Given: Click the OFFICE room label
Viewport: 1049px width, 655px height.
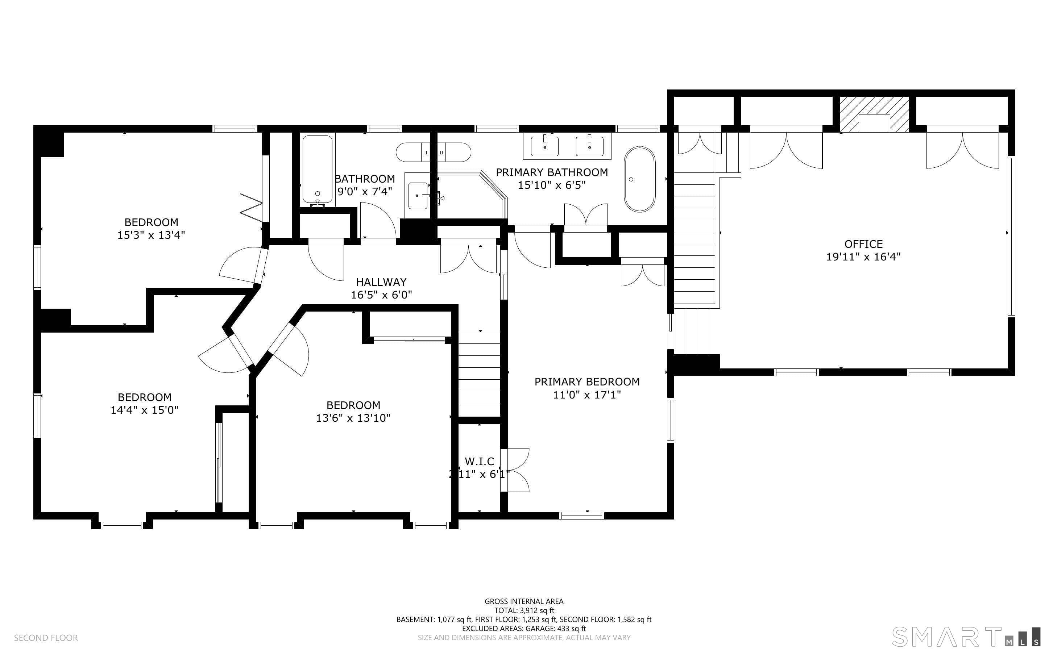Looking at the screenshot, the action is [x=863, y=244].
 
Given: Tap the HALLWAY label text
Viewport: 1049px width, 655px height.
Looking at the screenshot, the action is [x=381, y=282].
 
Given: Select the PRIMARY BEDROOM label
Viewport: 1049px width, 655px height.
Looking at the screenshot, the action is [x=587, y=381].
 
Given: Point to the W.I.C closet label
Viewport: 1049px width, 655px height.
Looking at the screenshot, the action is [x=479, y=461].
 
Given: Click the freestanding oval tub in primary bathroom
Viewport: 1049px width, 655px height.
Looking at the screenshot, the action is [x=639, y=179].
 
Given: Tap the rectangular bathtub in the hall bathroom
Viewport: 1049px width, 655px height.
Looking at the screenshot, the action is [x=318, y=170].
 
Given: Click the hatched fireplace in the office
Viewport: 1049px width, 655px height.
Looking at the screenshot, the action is [x=874, y=114].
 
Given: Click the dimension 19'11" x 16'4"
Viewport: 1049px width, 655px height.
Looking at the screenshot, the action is [x=863, y=257].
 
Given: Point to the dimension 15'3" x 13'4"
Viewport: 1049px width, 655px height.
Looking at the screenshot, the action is [x=151, y=235].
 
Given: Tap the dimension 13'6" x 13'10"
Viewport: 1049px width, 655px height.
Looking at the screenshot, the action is [x=353, y=418].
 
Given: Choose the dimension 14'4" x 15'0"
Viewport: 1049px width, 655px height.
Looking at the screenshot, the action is [x=144, y=410].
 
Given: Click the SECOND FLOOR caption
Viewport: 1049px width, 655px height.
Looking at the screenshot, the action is [x=46, y=638].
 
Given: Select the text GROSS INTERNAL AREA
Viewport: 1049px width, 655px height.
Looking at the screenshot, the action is [x=524, y=601].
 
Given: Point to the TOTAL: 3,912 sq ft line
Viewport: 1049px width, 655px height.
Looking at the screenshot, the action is [x=524, y=610].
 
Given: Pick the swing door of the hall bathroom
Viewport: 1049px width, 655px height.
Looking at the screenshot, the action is [x=377, y=220].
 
